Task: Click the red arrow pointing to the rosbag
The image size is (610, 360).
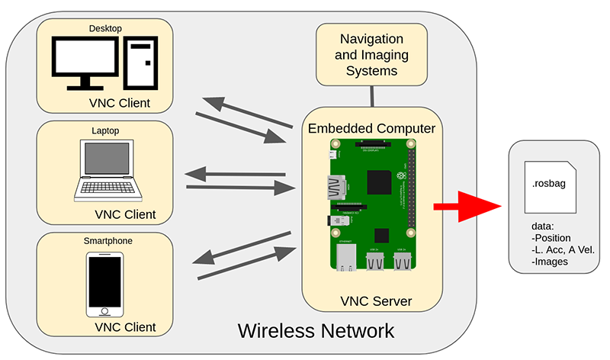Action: point(465,207)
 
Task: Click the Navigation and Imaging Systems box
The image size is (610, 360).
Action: point(371,54)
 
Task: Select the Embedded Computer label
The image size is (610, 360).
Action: point(371,127)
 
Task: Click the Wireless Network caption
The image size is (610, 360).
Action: point(316,331)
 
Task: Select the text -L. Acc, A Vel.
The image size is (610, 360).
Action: point(563,250)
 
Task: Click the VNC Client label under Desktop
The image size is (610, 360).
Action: point(118,103)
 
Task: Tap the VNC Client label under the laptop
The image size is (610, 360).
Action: point(125,214)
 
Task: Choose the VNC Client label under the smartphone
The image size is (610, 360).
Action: point(125,327)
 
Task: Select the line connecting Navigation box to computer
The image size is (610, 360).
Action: point(372,95)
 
